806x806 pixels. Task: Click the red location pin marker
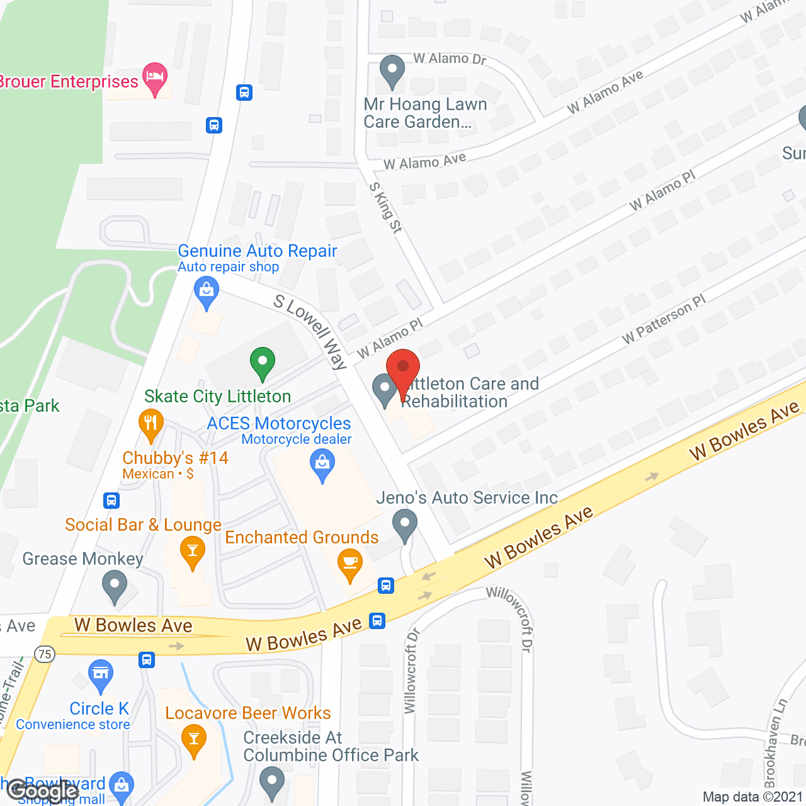[402, 368]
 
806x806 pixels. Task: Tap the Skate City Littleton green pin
[262, 363]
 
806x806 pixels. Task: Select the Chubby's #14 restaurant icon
[150, 424]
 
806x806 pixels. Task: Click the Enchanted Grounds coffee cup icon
[350, 564]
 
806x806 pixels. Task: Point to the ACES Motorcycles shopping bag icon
[322, 465]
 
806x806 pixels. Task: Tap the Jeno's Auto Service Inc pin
[404, 524]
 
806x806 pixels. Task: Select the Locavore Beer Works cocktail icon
[193, 739]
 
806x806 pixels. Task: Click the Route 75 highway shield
[45, 654]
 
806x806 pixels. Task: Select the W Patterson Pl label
[664, 319]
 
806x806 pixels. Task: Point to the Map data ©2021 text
[752, 797]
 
